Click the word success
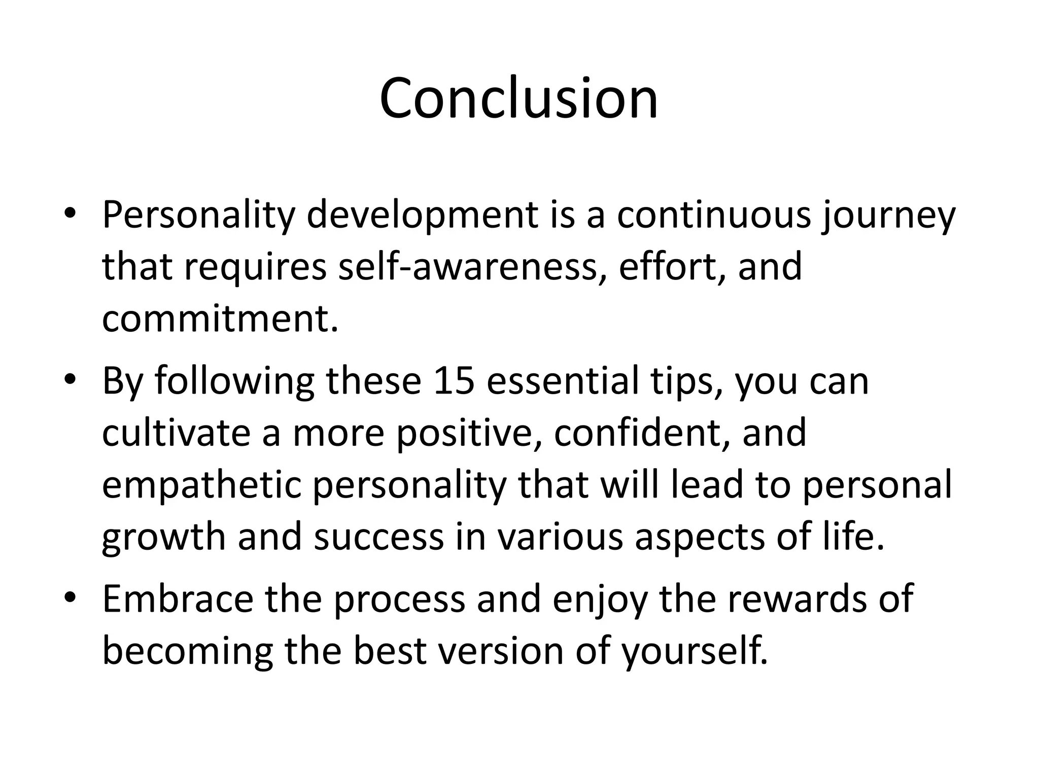tap(378, 538)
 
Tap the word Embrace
tap(178, 598)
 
